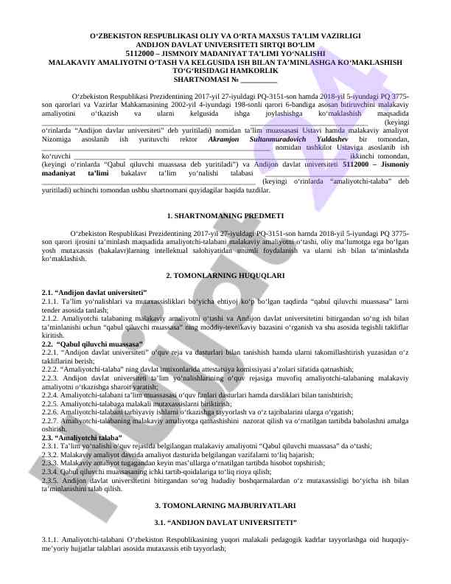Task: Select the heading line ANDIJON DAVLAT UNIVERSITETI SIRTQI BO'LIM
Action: [x=225, y=44]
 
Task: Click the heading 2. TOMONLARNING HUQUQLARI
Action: [x=225, y=274]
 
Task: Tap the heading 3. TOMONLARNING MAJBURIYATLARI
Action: [x=225, y=506]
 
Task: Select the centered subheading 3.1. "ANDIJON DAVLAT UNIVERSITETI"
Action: [x=225, y=522]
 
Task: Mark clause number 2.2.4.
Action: [x=51, y=395]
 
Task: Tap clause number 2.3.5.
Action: [x=51, y=480]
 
